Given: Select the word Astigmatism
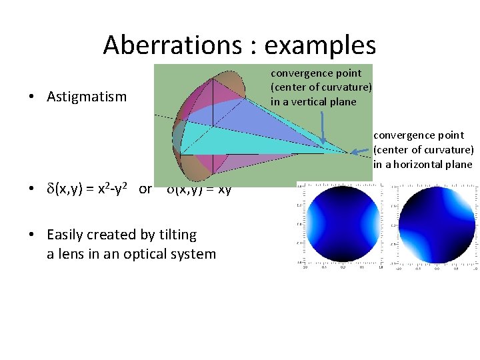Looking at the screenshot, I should pos(87,97).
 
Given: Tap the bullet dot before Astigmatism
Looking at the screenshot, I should pos(32,97).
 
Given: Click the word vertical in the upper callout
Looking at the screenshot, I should pos(319,101).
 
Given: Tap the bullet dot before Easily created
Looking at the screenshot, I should pos(32,235).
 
